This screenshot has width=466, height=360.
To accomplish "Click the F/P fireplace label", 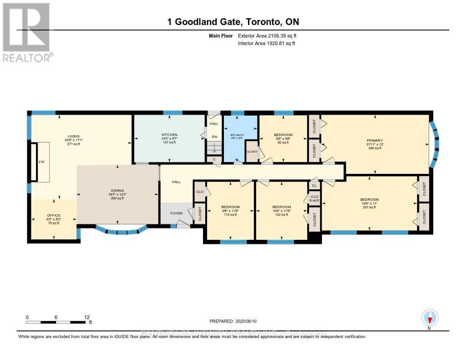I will (41, 162).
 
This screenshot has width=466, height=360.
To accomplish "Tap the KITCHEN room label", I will (169, 135).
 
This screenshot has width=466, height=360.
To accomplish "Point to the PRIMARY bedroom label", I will (375, 141).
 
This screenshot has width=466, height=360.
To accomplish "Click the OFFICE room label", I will (54, 215).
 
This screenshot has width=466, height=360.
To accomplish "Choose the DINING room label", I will (117, 191).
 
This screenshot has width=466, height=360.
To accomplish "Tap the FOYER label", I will (177, 213).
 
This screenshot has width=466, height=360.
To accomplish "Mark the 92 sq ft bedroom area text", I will (283, 142).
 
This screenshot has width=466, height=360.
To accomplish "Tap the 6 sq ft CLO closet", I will (314, 198).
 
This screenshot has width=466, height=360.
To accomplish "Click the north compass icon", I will (430, 317).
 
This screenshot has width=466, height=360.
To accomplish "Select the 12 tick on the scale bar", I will (87, 317).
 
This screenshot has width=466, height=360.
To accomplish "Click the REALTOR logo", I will (26, 32).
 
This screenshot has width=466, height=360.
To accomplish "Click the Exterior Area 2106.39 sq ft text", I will (267, 35).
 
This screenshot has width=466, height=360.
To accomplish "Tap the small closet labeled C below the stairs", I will (214, 159).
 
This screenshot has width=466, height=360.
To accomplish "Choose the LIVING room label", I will (74, 136).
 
